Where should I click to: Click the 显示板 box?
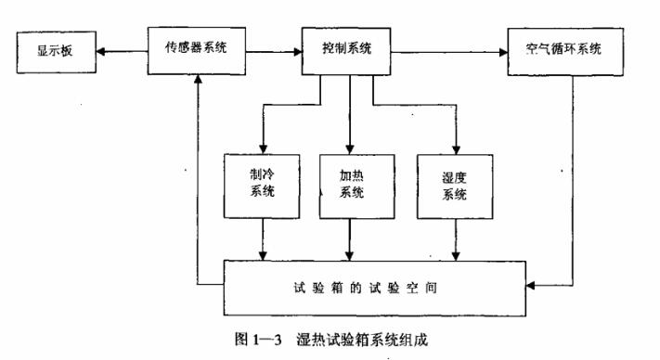point(55,51)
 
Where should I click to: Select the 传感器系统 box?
point(198,50)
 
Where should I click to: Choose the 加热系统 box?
point(350,185)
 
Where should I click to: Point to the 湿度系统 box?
point(455,186)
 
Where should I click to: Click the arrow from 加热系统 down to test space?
point(350,240)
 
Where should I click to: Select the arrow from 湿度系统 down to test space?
point(456,240)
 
